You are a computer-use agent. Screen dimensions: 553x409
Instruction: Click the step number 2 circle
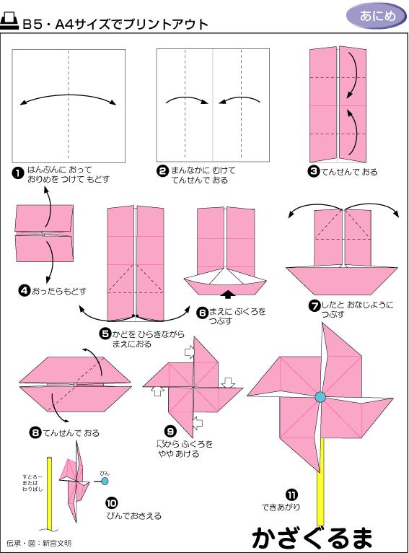(162, 172)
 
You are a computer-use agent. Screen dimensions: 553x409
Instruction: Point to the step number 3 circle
(313, 172)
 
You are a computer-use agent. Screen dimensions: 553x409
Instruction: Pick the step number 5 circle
(105, 333)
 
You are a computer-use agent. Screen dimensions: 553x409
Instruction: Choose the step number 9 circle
(171, 431)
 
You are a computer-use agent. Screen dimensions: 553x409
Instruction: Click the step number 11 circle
(291, 495)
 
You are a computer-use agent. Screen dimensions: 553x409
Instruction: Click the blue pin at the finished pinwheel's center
(320, 396)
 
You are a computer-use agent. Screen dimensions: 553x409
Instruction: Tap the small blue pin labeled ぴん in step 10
(105, 480)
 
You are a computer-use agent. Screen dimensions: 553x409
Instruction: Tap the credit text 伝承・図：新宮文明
(39, 542)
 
